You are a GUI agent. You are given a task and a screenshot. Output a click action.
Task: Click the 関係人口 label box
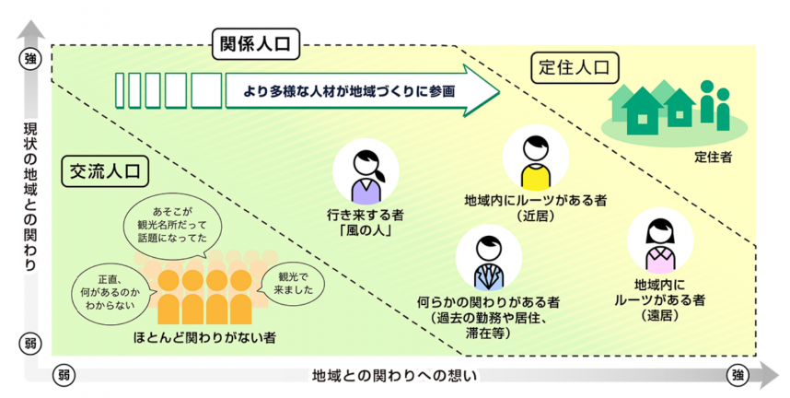point(258,43)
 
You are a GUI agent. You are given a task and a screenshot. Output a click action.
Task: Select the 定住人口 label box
point(575,66)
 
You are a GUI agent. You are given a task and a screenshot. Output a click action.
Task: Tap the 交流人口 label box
point(108,170)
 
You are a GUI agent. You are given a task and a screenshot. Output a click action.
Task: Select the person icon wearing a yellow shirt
point(531,160)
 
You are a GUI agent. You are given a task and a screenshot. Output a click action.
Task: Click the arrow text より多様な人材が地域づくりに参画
point(343,92)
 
